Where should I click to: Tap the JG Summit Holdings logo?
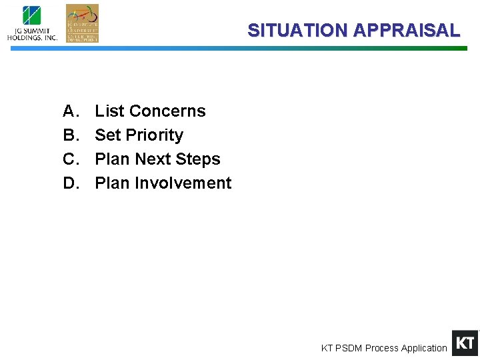click(x=32, y=24)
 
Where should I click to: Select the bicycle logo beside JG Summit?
click(x=82, y=23)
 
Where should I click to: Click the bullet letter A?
click(x=70, y=111)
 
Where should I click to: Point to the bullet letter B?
click(x=70, y=135)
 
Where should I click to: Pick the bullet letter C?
click(x=70, y=159)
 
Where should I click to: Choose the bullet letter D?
click(x=70, y=183)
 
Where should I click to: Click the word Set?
click(x=107, y=135)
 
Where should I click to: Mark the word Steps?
click(x=199, y=159)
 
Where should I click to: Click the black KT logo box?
click(x=465, y=343)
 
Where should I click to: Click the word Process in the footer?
click(x=381, y=348)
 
